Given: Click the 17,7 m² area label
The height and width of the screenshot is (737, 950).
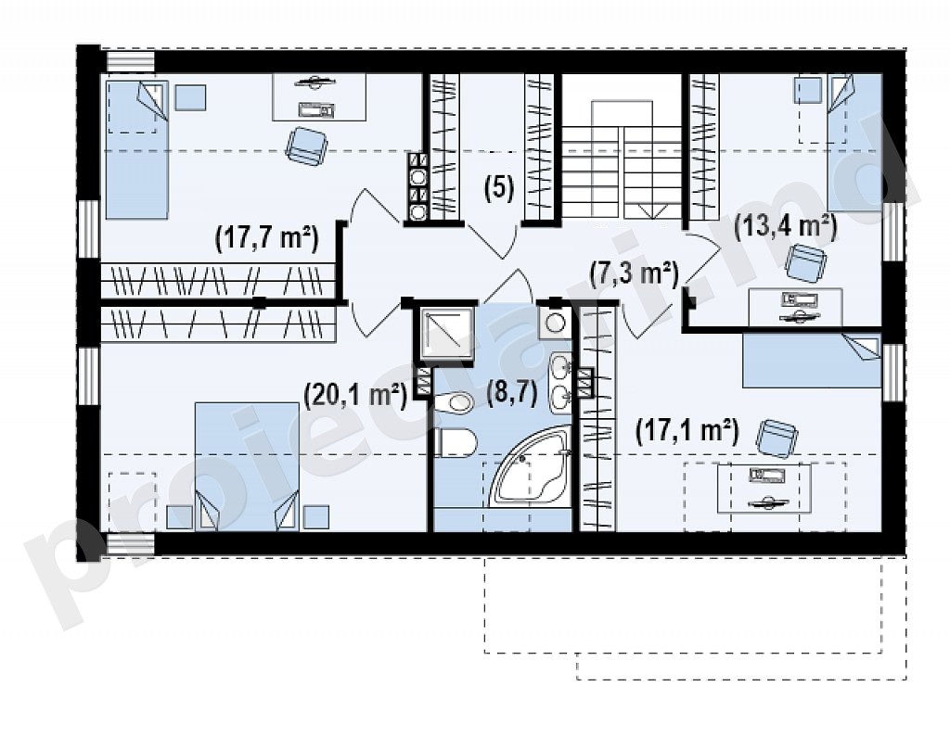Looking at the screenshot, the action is pos(266,238).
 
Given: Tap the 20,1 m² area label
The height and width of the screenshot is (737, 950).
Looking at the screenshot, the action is pos(354,396).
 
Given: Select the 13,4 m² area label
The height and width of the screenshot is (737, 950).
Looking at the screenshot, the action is pos(785,228).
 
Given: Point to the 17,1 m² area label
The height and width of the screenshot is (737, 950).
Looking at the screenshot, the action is pos(687,432).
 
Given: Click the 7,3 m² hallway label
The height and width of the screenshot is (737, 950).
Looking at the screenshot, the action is pos(635,273).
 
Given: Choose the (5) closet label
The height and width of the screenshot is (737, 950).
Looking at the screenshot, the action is pos(499,187).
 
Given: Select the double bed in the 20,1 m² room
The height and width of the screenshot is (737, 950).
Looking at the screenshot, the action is pos(247,467).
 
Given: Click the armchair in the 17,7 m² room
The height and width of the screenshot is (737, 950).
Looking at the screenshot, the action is pos(307,146).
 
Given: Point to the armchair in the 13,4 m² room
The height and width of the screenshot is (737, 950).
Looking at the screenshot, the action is pos(806,263).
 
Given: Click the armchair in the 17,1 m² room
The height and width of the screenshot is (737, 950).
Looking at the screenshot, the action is pos(778,438).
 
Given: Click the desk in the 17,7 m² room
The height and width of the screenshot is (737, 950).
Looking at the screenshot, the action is pos(319,97).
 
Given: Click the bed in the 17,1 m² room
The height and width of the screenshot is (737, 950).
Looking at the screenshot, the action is pos(812,361).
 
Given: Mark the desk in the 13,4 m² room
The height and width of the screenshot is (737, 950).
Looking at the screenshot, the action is pos(795,307).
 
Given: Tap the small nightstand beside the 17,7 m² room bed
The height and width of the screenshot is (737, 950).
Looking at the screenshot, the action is pos(190,97).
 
